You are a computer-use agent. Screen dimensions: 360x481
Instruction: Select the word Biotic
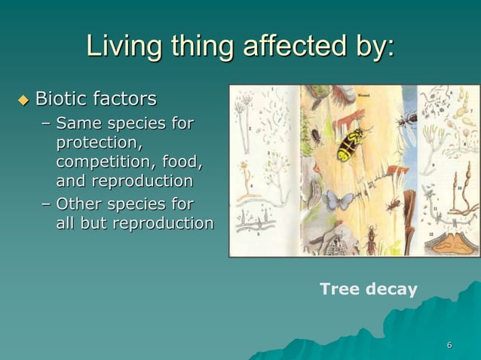point(62,99)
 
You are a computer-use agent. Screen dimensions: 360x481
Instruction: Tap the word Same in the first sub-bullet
point(83,123)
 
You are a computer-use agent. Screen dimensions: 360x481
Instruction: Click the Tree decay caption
point(368,289)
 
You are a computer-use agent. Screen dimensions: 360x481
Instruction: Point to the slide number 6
point(449,346)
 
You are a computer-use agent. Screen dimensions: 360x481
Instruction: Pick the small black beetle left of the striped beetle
point(316,136)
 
